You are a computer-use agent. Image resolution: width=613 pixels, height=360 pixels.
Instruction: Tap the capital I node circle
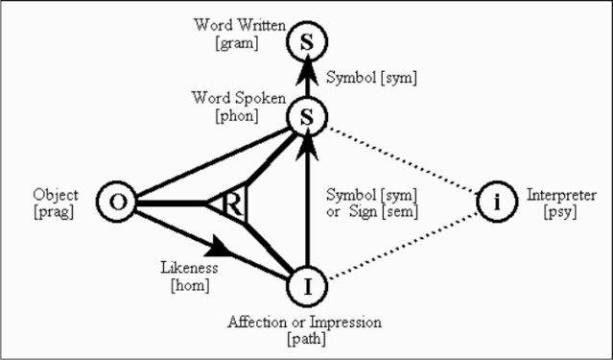[x=309, y=285]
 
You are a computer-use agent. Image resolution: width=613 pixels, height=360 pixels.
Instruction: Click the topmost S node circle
[x=309, y=39]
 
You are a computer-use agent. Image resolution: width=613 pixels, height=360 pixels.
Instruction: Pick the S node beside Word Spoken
[x=309, y=118]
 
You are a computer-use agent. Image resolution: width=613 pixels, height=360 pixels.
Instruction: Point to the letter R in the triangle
[x=233, y=204]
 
